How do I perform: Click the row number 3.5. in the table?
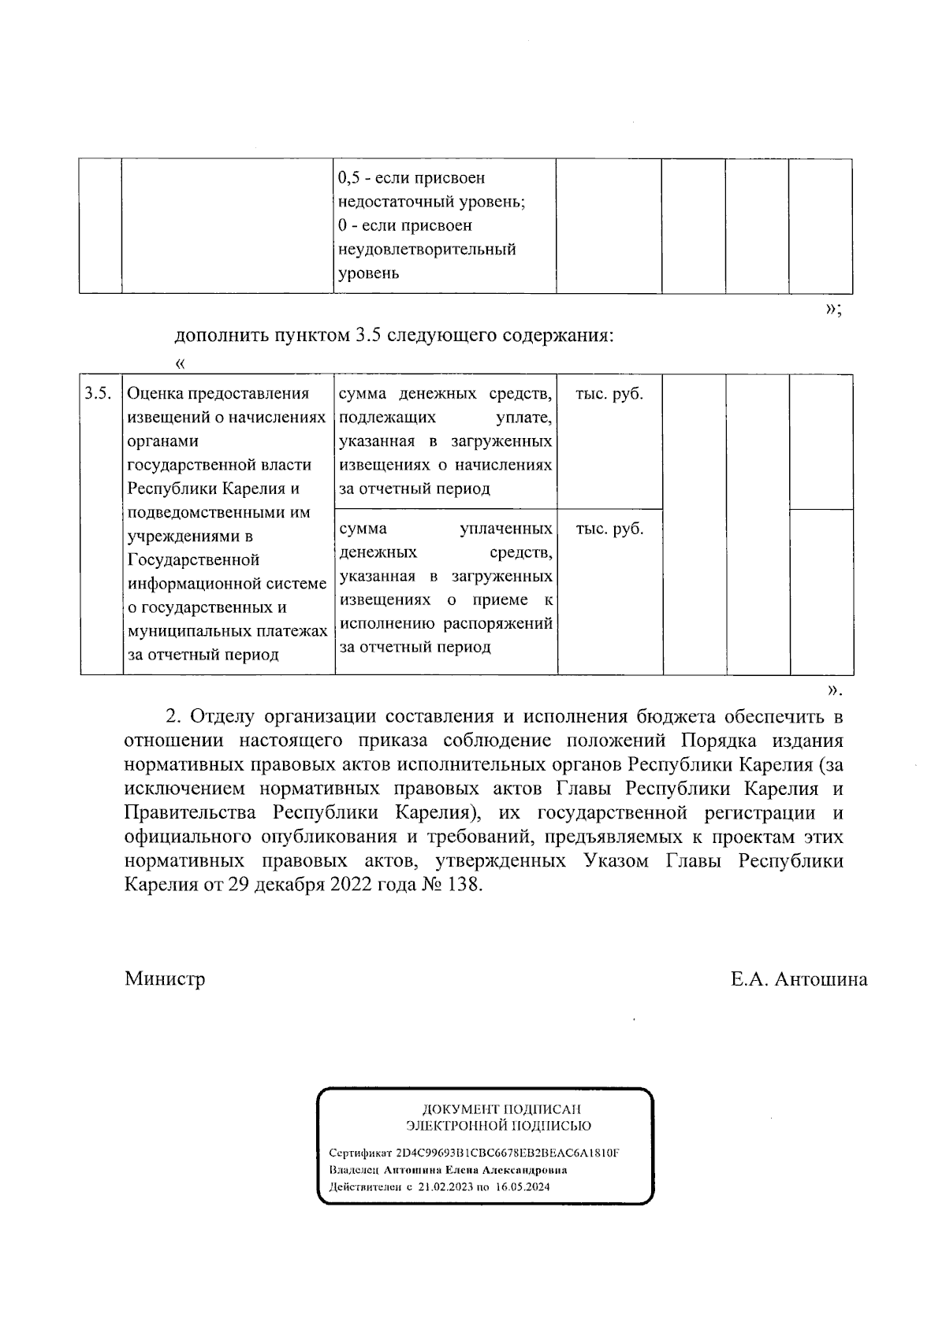click(x=98, y=394)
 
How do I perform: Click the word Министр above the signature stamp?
click(x=165, y=979)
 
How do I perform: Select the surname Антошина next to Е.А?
click(x=821, y=979)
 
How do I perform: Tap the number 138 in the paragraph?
click(x=462, y=885)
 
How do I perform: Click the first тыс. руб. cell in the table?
click(x=609, y=394)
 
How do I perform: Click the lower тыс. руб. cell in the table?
click(x=609, y=529)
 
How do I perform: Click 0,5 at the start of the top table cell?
click(x=348, y=179)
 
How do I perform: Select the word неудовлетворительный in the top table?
click(x=426, y=250)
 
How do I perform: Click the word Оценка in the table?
click(x=152, y=394)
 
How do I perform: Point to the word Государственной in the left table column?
click(x=193, y=560)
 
